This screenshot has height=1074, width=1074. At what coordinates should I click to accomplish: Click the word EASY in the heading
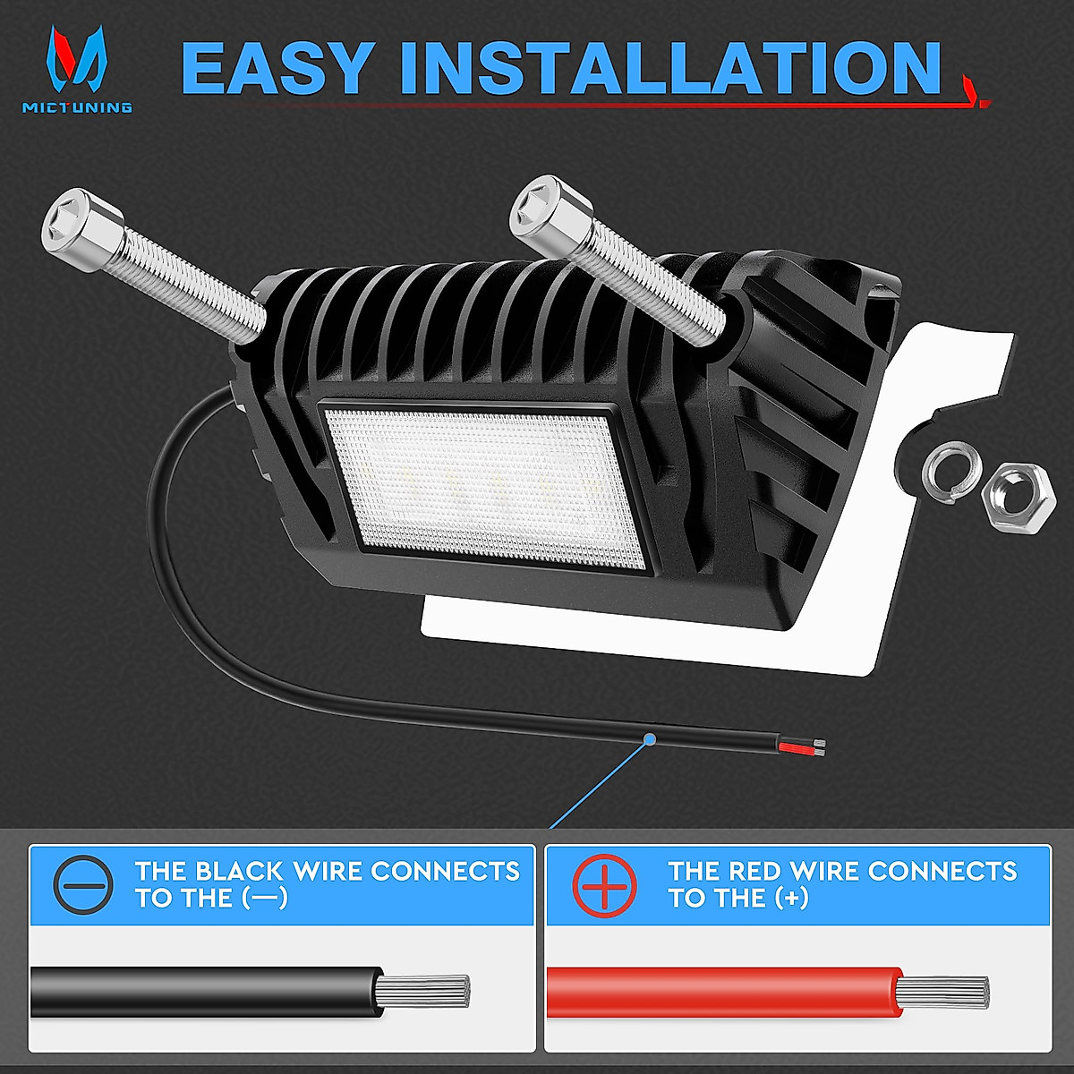[x=277, y=68]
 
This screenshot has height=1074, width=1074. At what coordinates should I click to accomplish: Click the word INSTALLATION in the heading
[x=671, y=68]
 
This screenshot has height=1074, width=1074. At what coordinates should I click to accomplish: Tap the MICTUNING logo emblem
[x=77, y=60]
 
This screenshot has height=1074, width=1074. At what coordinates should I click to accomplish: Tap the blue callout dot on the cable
[x=651, y=738]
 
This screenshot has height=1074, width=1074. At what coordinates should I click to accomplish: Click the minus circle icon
[x=83, y=884]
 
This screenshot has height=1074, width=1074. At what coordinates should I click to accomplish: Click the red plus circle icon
[x=605, y=884]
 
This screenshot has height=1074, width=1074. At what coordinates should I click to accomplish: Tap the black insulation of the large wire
[x=206, y=991]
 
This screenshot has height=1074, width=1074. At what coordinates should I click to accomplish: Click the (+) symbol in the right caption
[x=791, y=898]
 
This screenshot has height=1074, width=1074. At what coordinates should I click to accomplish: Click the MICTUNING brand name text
[x=78, y=107]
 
